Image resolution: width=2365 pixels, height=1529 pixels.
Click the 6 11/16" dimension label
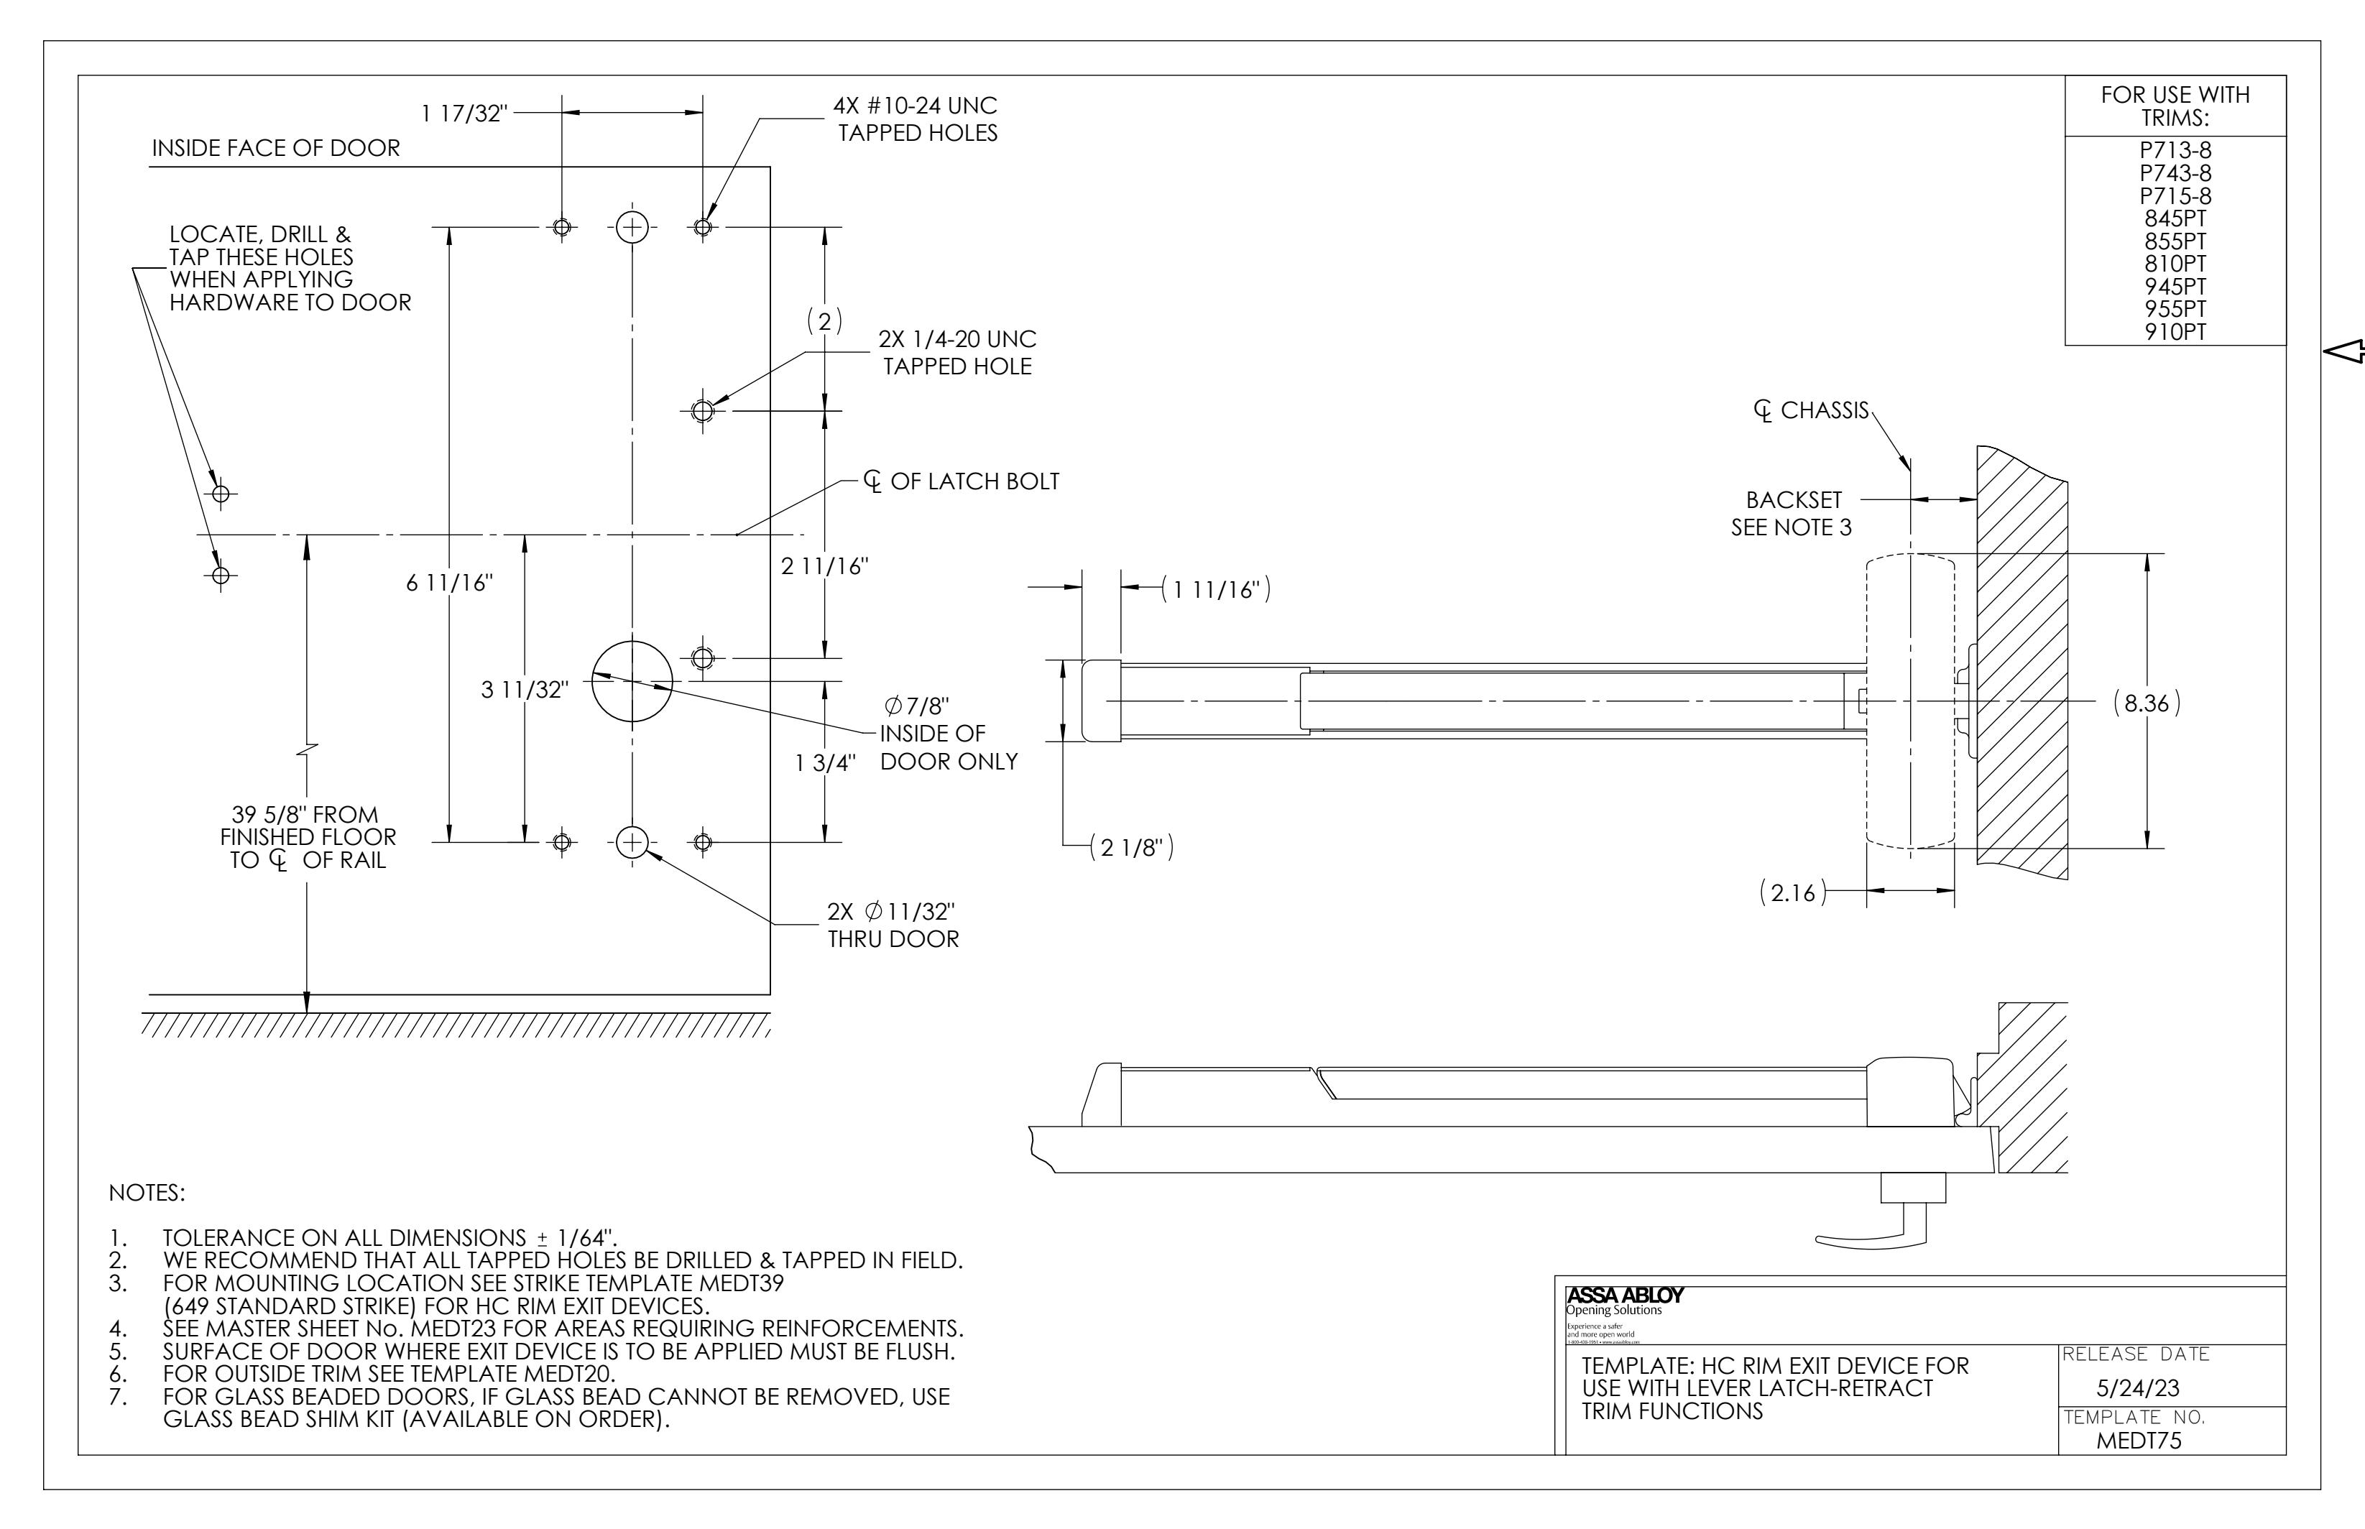448,583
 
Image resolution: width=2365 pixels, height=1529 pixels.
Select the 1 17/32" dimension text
464,114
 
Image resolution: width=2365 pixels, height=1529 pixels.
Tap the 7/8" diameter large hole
632,681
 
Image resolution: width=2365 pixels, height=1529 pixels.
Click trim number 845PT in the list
2175,219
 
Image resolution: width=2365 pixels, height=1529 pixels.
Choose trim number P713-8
2175,151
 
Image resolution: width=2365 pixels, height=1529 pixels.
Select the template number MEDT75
2138,1441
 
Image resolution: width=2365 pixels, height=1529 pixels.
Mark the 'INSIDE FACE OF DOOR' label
275,149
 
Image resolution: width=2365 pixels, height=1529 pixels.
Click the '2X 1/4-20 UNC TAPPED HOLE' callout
957,353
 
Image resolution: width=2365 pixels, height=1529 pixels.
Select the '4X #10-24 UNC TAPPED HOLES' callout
916,119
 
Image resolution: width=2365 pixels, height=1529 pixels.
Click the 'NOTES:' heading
147,1193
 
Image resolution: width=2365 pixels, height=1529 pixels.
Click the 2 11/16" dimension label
824,566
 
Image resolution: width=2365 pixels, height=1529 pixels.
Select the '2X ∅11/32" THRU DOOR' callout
892,925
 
